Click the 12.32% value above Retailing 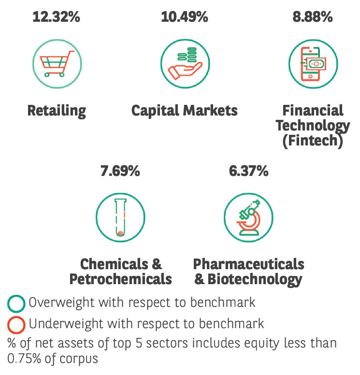point(56,17)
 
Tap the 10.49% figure point(184,17)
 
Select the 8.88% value point(313,17)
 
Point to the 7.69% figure point(120,171)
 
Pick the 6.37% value point(248,171)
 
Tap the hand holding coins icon point(185,63)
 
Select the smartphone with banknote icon point(313,63)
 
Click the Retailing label point(57,111)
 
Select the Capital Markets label point(185,111)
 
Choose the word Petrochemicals point(120,279)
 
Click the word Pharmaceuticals point(248,264)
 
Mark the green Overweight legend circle point(16,304)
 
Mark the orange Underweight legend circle point(16,324)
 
